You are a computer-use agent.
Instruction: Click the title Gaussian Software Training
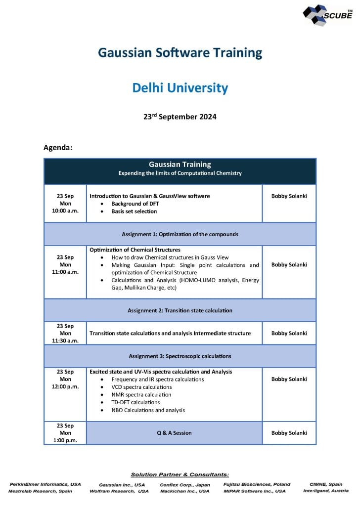click(180, 52)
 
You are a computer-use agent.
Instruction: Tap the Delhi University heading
click(180, 88)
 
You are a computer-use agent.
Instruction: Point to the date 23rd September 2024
click(180, 117)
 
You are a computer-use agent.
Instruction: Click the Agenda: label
click(58, 147)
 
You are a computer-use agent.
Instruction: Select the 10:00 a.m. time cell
click(65, 204)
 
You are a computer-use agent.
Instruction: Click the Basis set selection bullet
click(134, 211)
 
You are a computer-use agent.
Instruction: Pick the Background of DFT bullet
click(135, 204)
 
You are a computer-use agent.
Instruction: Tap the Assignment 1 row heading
click(180, 234)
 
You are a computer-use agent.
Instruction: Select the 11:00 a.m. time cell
click(65, 265)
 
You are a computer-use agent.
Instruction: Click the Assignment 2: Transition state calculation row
click(180, 310)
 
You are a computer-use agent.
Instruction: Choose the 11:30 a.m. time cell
click(65, 334)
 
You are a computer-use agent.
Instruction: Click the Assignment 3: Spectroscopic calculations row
click(180, 356)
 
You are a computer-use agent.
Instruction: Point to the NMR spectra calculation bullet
click(141, 395)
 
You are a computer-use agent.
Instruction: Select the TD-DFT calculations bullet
click(135, 402)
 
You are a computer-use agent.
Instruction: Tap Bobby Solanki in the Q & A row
click(289, 433)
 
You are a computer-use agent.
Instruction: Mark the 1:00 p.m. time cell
click(65, 440)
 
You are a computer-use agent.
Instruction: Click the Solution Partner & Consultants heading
click(180, 474)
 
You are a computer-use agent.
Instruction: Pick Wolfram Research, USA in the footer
click(119, 491)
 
